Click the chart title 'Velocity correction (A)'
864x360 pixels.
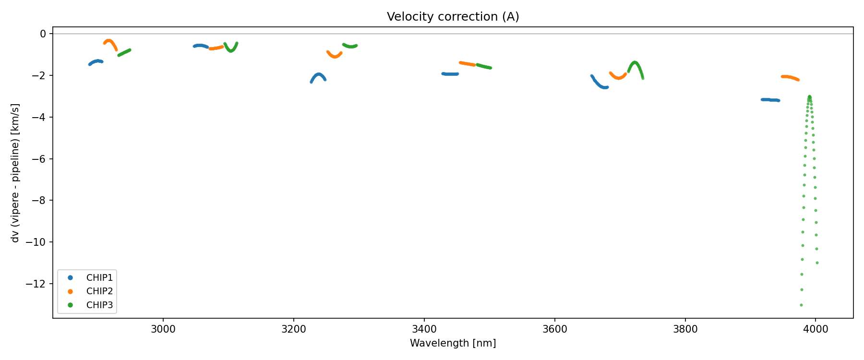point(453,17)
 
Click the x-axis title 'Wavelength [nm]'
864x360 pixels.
point(453,343)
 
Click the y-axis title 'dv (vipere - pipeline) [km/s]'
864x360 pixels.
point(15,173)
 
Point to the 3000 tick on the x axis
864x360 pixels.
point(163,329)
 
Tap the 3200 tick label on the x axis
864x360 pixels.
point(294,329)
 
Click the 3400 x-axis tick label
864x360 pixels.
point(424,329)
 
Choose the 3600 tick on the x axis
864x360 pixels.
point(554,329)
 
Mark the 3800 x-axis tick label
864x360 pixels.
point(685,329)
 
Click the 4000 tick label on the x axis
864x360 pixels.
point(816,329)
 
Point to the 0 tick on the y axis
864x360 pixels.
point(43,34)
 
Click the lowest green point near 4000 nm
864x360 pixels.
point(801,305)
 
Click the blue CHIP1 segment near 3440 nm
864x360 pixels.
point(450,74)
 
